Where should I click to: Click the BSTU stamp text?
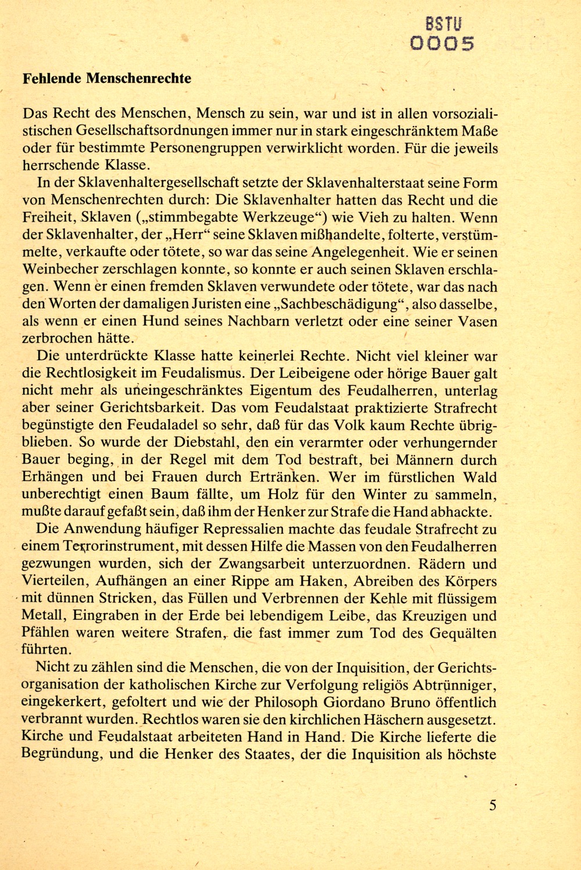point(445,24)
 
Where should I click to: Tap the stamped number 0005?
point(443,44)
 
